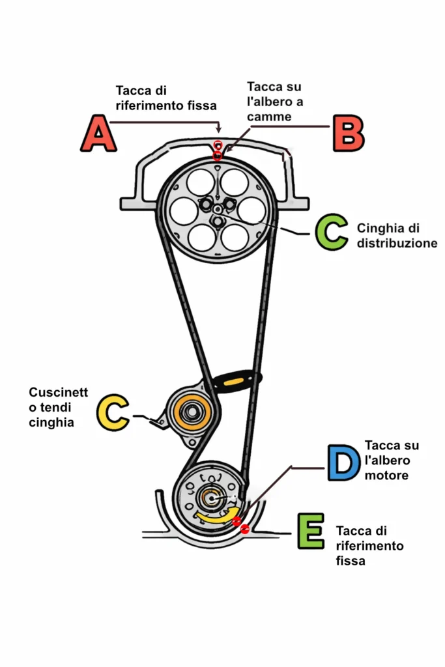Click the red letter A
point(98,134)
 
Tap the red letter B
point(348,134)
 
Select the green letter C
point(331,233)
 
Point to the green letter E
point(310,531)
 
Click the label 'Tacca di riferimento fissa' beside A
point(165,97)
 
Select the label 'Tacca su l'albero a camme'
point(275,102)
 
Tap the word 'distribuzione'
point(397,243)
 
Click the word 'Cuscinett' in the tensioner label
point(58,392)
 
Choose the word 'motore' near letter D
point(386,475)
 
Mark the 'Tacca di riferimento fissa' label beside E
point(369,545)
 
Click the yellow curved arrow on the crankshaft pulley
point(218,516)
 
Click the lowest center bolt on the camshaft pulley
point(216,221)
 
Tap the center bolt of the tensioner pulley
point(192,412)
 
